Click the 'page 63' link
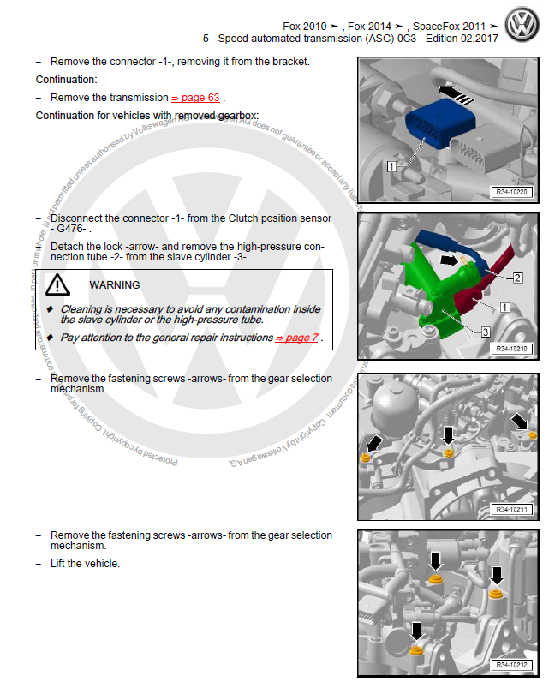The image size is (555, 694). pyautogui.click(x=195, y=99)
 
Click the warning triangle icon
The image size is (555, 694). pyautogui.click(x=57, y=285)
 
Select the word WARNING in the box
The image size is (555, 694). pyautogui.click(x=114, y=284)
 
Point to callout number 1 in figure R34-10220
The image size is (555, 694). pyautogui.click(x=391, y=166)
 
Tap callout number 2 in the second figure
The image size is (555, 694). pyautogui.click(x=517, y=278)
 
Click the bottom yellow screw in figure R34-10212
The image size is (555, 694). pyautogui.click(x=418, y=649)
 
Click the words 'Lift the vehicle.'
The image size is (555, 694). pyautogui.click(x=85, y=564)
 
